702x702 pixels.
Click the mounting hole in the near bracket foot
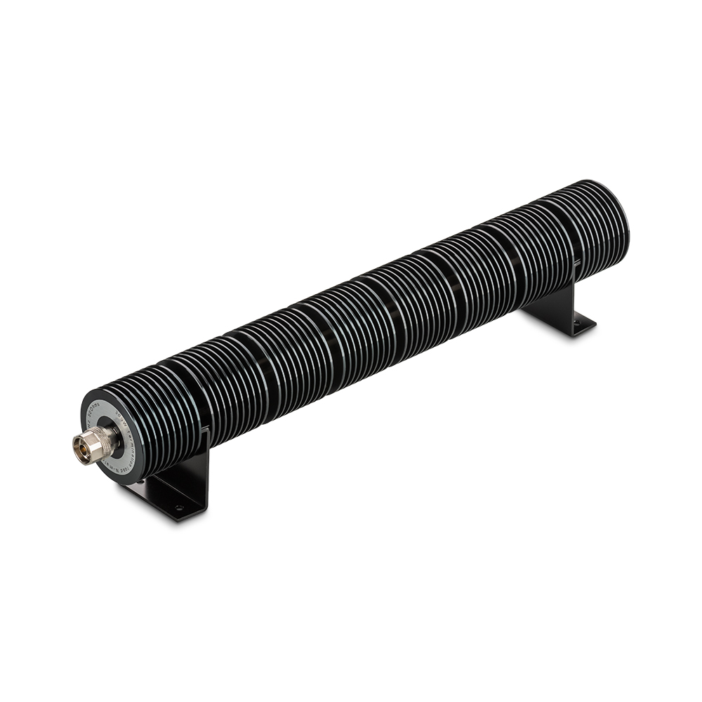(x=178, y=507)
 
